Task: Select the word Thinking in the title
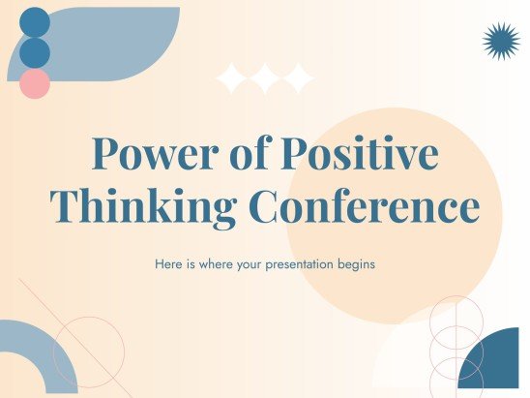tap(143, 206)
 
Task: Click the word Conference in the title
tap(364, 205)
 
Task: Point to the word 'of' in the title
tap(250, 152)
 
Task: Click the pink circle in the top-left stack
tap(35, 83)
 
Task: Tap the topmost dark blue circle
tap(35, 22)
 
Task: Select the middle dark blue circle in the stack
tap(35, 53)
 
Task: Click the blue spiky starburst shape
tap(501, 42)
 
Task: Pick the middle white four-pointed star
tap(265, 78)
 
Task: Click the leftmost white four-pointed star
tap(232, 78)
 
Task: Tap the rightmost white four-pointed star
tap(299, 78)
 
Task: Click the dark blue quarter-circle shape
tap(497, 365)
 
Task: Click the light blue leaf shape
tap(111, 41)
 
